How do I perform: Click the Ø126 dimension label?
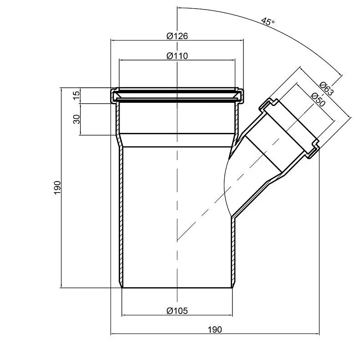pos(177,36)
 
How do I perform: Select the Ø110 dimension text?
pos(177,56)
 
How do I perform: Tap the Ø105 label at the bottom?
pos(177,311)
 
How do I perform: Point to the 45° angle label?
pos(268,21)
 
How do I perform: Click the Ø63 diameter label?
pos(326,88)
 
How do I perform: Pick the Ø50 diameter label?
pos(318,100)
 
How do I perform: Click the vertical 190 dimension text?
pos(57,188)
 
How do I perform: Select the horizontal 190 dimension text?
pos(215,329)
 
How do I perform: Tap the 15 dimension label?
pos(76,95)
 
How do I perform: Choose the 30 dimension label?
pos(76,119)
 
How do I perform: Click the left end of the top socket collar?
pos(111,96)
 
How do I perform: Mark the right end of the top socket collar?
pos(243,96)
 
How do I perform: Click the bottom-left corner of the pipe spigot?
pos(122,288)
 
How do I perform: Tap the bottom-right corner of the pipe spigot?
pos(233,288)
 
